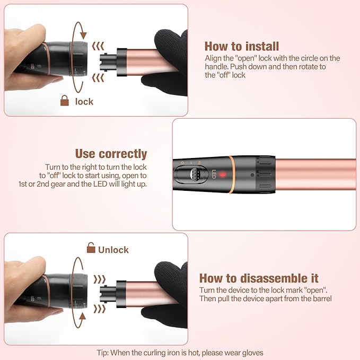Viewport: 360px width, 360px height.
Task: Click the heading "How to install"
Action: click(241, 47)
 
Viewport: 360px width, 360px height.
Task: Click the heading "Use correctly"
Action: click(111, 154)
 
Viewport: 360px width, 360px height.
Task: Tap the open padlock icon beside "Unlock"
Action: click(91, 247)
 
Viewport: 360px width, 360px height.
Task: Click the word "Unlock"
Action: click(113, 249)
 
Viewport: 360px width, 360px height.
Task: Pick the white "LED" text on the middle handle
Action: click(215, 174)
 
